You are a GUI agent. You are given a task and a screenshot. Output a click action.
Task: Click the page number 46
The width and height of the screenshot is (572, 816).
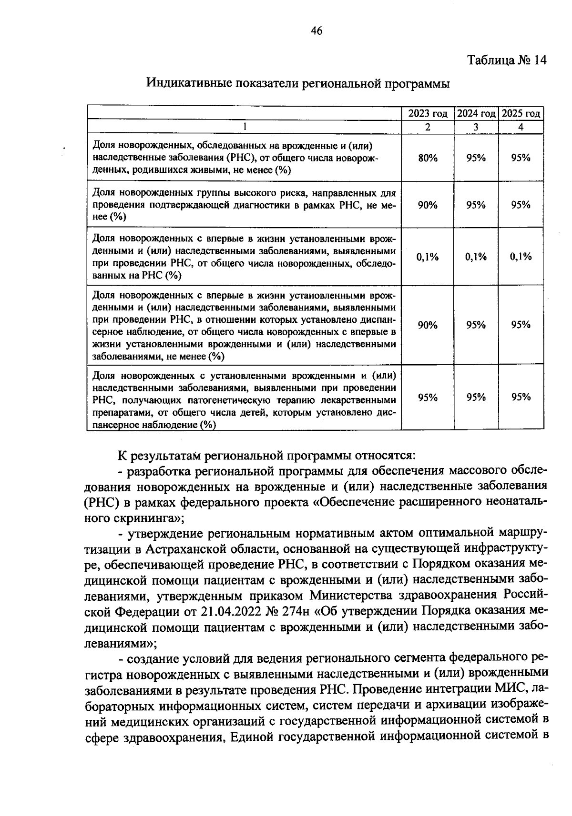(317, 31)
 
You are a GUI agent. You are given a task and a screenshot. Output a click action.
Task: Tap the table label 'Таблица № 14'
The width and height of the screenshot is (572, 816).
(506, 60)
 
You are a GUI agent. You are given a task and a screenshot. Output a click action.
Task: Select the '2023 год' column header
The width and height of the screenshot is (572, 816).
(428, 114)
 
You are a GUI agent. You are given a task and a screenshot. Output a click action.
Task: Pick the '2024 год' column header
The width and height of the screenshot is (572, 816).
(476, 114)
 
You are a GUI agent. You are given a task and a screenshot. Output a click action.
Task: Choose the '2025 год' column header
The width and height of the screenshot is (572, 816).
(521, 114)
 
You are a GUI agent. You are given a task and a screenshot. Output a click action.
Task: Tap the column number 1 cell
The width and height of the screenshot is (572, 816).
(244, 127)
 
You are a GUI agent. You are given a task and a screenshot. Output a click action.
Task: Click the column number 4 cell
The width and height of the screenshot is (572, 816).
(521, 127)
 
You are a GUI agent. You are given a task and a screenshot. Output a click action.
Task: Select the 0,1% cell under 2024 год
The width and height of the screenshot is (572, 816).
(476, 257)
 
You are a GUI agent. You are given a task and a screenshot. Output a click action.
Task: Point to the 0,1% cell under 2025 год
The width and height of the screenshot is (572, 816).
(521, 257)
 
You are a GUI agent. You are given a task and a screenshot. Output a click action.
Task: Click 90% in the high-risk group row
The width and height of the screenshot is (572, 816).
(428, 205)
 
